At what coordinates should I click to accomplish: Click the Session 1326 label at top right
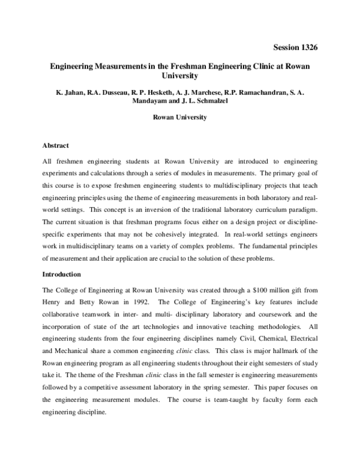click(295, 47)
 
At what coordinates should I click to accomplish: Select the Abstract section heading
click(56, 145)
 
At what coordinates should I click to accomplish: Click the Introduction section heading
click(63, 274)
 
